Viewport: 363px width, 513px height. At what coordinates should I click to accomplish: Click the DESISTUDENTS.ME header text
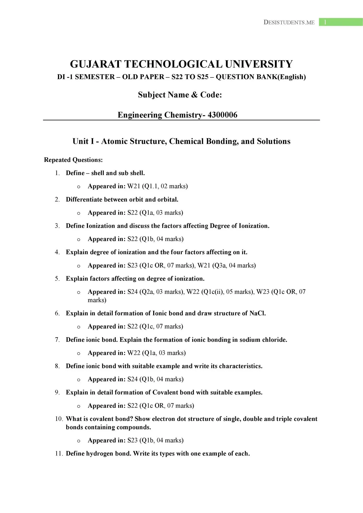[289, 22]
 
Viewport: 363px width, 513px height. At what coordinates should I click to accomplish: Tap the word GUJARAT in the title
[96, 64]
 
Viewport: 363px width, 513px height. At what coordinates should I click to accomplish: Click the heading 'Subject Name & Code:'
[180, 95]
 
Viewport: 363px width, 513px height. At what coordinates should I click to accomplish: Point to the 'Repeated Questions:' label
[73, 160]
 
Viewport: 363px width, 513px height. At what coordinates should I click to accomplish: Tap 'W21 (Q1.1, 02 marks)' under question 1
[157, 186]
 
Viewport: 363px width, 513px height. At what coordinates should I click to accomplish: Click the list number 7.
[57, 340]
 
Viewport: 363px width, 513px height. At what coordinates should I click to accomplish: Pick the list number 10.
[59, 419]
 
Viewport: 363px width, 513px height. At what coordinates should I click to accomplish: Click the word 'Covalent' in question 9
[165, 392]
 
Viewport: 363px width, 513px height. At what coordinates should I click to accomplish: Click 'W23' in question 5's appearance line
[263, 292]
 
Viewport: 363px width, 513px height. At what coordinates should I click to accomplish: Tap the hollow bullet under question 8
[79, 380]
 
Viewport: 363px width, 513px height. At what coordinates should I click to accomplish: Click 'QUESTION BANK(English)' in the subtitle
[261, 77]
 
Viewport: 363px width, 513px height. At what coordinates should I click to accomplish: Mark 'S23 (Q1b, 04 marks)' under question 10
[155, 440]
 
